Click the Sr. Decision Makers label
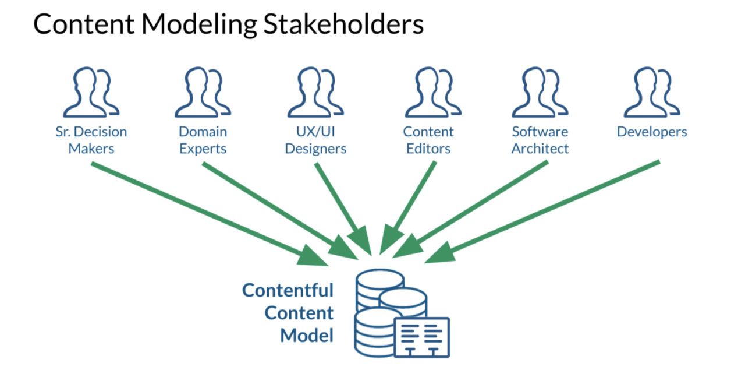pyautogui.click(x=91, y=140)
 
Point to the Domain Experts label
pyautogui.click(x=203, y=140)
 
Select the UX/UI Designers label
pyautogui.click(x=315, y=140)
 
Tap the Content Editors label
pyautogui.click(x=428, y=140)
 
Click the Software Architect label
pyautogui.click(x=540, y=140)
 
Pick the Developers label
pyautogui.click(x=652, y=132)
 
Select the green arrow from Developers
pyautogui.click(x=547, y=210)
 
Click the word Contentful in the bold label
pyautogui.click(x=288, y=290)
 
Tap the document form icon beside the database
pyautogui.click(x=421, y=337)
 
